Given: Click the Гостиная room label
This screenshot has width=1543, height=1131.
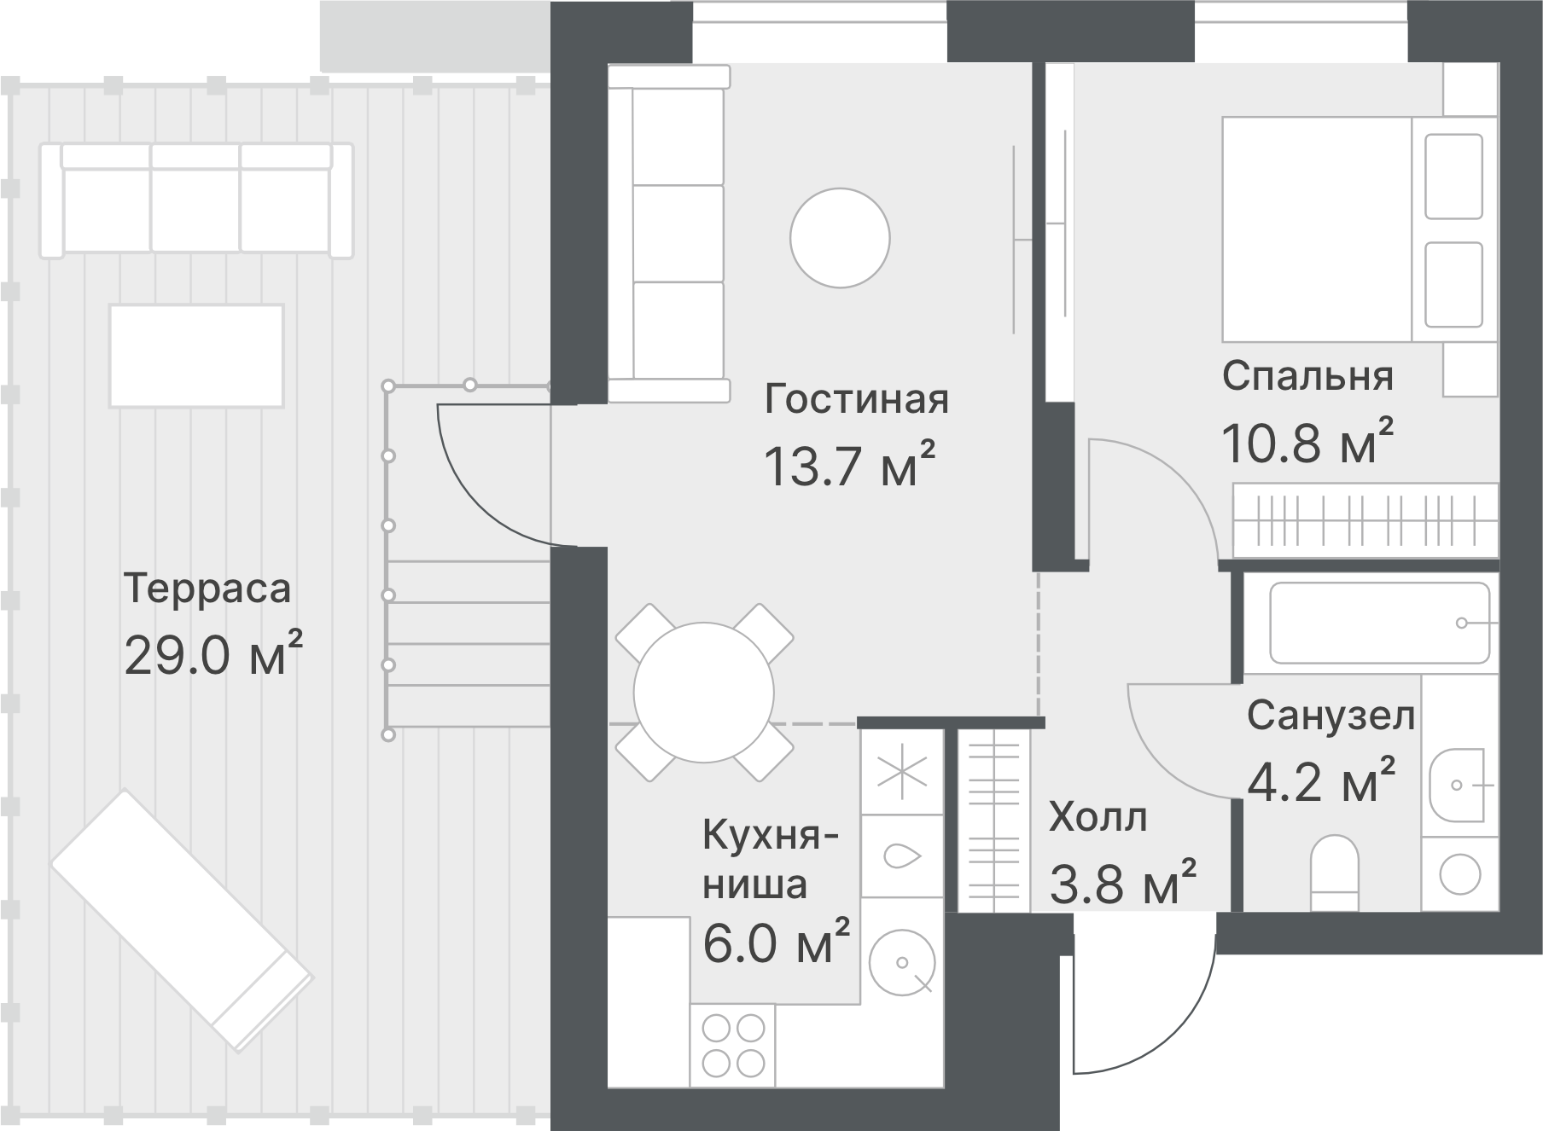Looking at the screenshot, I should click(856, 399).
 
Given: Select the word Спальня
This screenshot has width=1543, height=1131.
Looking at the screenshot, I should click(1307, 376).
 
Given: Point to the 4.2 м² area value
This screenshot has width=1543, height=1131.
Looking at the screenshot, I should click(1321, 781).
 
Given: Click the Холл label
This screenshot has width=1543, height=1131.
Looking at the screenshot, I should click(1098, 818).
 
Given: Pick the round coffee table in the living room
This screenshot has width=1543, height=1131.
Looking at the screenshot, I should click(840, 238).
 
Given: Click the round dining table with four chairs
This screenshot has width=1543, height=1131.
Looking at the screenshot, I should click(704, 691).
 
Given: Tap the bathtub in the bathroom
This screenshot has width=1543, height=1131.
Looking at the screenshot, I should click(1379, 623).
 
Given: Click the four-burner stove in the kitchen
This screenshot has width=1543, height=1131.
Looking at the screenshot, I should click(732, 1045).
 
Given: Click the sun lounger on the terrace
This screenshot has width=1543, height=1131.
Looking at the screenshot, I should click(181, 918).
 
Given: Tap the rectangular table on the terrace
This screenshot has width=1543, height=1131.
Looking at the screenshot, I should click(196, 356).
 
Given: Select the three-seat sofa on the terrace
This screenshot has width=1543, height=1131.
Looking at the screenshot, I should click(196, 200).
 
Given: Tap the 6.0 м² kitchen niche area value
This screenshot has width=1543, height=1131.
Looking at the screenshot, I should click(775, 944).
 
